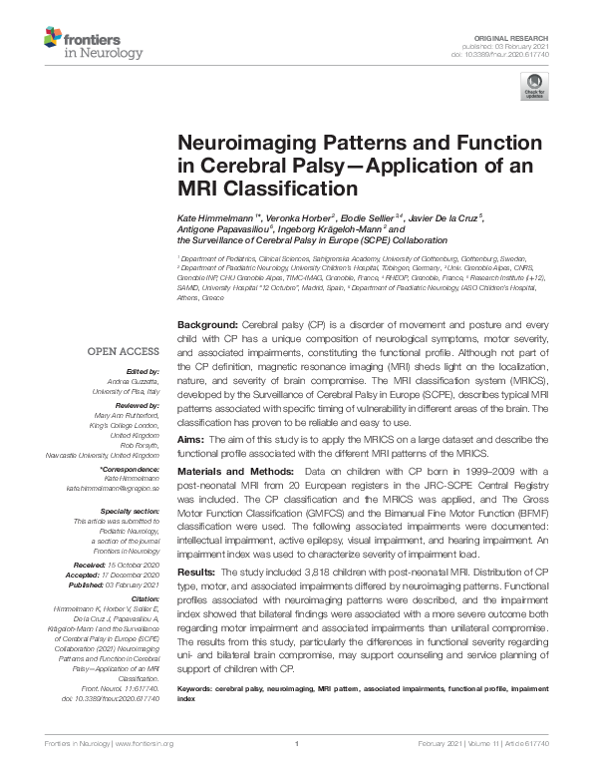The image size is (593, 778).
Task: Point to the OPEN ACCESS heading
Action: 123,351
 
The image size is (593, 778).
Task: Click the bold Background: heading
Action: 207,326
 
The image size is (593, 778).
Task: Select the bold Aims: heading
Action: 191,438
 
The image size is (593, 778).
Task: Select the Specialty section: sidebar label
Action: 129,511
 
